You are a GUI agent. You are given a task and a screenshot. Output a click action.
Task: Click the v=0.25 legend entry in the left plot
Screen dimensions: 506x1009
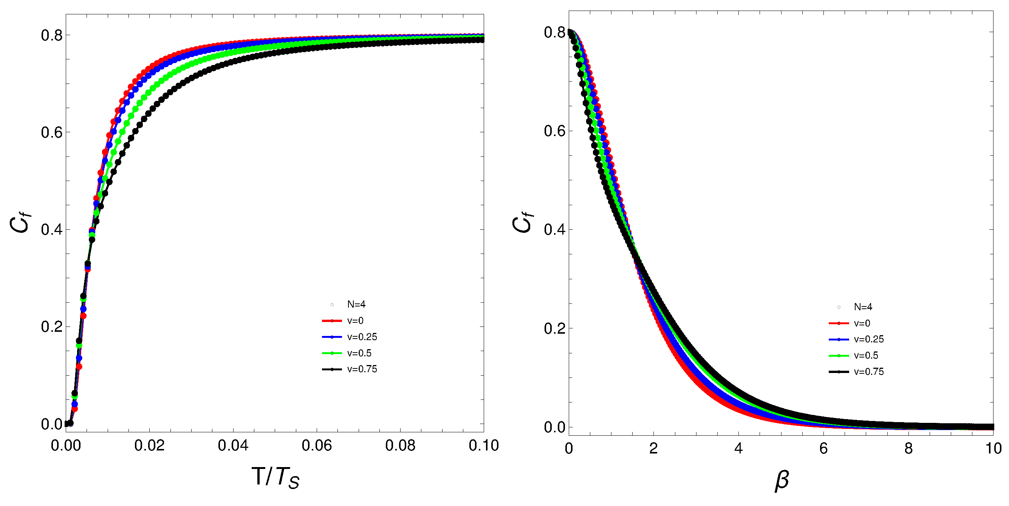coord(362,337)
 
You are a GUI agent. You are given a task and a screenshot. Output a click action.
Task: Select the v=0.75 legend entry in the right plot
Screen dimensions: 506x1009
coord(868,372)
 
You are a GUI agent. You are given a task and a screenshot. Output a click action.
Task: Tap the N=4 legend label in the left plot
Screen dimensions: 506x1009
coord(356,304)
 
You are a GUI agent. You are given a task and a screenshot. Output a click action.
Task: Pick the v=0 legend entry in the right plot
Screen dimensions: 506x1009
coord(862,323)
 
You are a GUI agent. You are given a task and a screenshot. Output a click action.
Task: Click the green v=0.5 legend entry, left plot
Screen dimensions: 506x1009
coord(359,353)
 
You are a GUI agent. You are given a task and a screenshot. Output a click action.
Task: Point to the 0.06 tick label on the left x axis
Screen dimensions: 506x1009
coord(316,446)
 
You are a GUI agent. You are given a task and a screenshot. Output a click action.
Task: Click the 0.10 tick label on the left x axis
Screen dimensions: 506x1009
coord(483,446)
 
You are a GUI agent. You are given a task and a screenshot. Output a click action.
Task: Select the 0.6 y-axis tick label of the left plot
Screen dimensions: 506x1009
coord(52,132)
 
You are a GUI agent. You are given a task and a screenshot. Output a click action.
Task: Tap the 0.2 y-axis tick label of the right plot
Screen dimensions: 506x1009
coord(555,328)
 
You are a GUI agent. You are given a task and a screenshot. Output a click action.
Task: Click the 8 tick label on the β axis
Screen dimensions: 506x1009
coord(908,449)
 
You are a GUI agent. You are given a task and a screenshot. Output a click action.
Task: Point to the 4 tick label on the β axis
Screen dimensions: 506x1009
coord(738,449)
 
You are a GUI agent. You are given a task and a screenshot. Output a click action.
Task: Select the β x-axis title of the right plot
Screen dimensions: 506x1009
coord(782,480)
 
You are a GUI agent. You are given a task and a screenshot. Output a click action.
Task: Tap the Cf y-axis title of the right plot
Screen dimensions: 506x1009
coord(523,223)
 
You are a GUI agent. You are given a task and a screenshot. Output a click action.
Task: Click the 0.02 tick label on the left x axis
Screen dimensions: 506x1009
coord(149,446)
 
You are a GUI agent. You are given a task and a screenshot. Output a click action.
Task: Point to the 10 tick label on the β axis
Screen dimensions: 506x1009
coord(993,449)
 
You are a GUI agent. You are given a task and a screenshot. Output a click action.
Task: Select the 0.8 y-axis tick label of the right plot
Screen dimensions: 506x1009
coord(555,32)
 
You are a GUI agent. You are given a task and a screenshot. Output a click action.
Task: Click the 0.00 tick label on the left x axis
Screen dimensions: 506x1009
coord(66,446)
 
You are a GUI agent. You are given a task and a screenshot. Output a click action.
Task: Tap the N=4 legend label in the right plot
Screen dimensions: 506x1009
coord(862,307)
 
